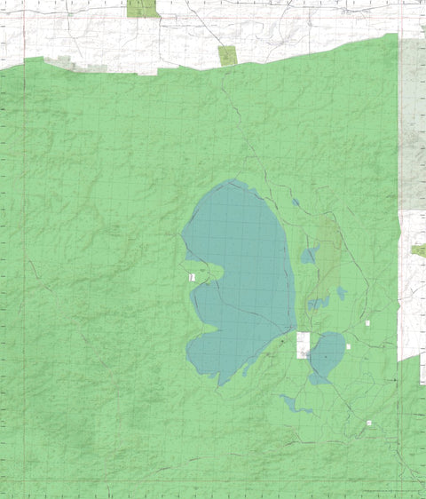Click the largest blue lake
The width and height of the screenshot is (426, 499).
pos(240,266)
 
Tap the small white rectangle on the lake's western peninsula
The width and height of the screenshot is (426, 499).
pos(192,278)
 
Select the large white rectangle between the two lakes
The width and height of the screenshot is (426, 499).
pos(304,345)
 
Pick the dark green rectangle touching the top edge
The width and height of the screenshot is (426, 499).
pos(142,8)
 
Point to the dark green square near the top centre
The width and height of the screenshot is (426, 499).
pos(228,56)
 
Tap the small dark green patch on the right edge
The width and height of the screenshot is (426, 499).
pos(419,251)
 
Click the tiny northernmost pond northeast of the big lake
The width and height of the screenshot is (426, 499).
pos(296,202)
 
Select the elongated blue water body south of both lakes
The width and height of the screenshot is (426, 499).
pos(293,405)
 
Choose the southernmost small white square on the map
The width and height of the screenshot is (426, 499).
pos(369,424)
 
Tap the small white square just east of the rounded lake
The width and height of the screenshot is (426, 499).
pos(349,346)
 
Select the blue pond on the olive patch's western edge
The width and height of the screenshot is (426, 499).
pos(308,257)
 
